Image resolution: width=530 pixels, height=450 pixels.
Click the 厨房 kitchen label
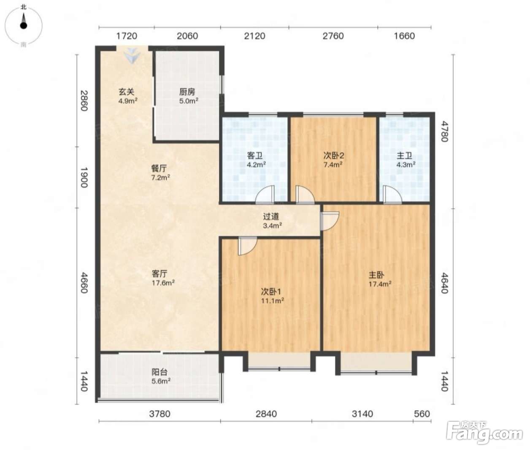click(187, 92)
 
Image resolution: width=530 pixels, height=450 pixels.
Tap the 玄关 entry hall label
click(127, 92)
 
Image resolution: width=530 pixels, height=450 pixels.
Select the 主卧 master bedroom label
click(376, 275)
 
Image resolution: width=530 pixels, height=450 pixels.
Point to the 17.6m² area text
click(163, 283)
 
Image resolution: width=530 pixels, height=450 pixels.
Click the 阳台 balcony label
click(160, 372)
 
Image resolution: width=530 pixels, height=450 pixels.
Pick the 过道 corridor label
click(271, 217)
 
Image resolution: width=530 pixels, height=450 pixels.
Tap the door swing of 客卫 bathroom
click(265, 195)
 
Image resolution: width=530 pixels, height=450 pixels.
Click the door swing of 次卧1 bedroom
click(247, 246)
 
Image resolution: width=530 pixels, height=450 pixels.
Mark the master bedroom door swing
click(330, 221)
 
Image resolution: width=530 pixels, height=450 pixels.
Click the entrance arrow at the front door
click(132, 56)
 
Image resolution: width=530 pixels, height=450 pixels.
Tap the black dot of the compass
click(24, 26)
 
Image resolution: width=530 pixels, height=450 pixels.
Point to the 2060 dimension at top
click(187, 36)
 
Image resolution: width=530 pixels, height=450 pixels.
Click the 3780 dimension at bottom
click(160, 414)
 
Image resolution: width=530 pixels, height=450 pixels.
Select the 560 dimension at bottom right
click(422, 414)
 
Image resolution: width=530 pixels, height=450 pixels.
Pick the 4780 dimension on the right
click(444, 131)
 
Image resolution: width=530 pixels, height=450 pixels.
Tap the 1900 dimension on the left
click(84, 177)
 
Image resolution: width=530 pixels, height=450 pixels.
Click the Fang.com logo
click(484, 433)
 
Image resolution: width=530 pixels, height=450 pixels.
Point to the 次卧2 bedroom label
click(334, 155)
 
